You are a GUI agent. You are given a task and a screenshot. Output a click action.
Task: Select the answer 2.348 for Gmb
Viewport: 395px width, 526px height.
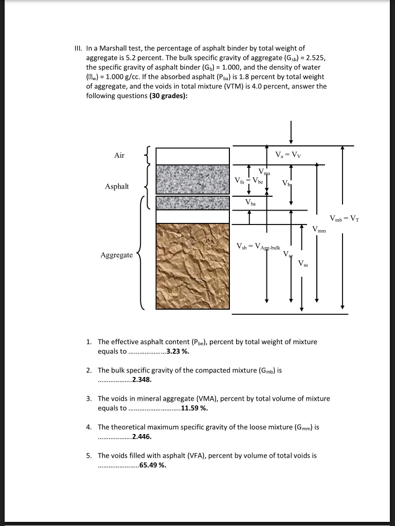[x=142, y=380]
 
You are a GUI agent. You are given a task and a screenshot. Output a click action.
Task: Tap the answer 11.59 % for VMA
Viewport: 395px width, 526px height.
[x=195, y=408]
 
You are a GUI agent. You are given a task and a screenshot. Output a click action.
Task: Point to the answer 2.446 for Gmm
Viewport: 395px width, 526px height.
[x=142, y=437]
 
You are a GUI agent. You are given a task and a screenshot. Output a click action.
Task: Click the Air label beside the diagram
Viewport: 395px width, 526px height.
[x=119, y=155]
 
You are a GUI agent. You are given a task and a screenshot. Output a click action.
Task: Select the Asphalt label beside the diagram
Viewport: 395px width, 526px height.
[x=117, y=186]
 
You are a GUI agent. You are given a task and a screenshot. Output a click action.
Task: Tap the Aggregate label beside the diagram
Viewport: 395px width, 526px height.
[x=116, y=255]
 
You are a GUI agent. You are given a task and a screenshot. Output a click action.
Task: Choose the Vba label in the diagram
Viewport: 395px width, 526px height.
[x=250, y=203]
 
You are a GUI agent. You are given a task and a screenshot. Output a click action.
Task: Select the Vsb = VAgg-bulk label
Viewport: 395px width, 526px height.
[x=258, y=247]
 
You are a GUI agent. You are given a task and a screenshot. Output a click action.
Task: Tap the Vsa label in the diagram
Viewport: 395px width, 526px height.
[x=303, y=264]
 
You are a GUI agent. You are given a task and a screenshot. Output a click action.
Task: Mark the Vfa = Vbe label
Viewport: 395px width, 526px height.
[x=249, y=180]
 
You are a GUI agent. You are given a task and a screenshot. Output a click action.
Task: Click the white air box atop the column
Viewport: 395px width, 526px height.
[x=192, y=155]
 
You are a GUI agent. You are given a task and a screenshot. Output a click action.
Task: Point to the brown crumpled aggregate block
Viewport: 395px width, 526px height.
[x=192, y=266]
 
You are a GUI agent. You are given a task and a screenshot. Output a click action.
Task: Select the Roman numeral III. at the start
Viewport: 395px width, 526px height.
[x=79, y=48]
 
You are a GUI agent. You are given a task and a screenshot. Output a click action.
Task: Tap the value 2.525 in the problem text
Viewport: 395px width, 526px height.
[x=311, y=58]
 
